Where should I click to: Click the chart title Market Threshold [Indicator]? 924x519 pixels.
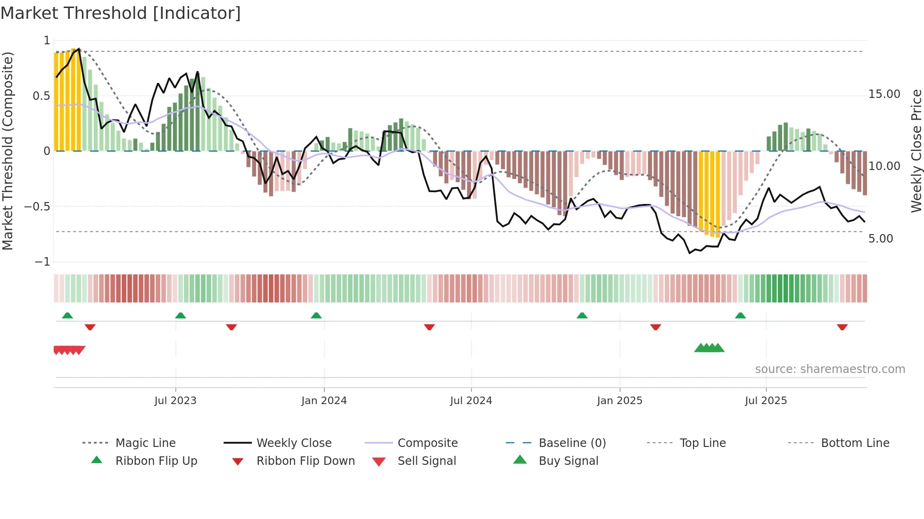pyautogui.click(x=121, y=13)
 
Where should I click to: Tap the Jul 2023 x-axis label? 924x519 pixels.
pyautogui.click(x=175, y=401)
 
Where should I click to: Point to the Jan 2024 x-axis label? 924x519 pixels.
pyautogui.click(x=324, y=401)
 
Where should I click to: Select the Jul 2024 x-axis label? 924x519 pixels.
pyautogui.click(x=471, y=401)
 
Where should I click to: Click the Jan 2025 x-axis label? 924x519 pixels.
pyautogui.click(x=619, y=401)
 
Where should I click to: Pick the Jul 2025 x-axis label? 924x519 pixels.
pyautogui.click(x=766, y=401)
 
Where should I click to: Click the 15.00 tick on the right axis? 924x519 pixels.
pyautogui.click(x=884, y=94)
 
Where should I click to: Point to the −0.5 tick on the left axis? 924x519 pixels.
pyautogui.click(x=37, y=207)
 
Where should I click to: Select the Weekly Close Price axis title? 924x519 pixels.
pyautogui.click(x=916, y=151)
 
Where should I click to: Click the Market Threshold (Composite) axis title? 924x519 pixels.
pyautogui.click(x=8, y=151)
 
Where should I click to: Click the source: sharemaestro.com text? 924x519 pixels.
pyautogui.click(x=830, y=369)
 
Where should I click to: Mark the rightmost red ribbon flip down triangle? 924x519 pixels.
pyautogui.click(x=842, y=327)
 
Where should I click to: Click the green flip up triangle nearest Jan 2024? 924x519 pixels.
pyautogui.click(x=316, y=316)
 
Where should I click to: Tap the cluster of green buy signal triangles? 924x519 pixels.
pyautogui.click(x=709, y=348)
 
